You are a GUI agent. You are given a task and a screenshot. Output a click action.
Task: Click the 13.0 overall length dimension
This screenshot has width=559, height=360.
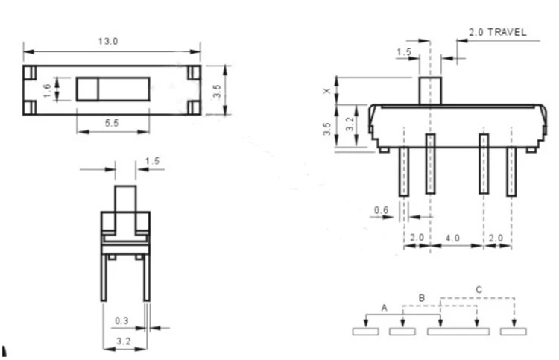point(108,41)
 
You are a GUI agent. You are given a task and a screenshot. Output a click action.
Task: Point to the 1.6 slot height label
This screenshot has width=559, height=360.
point(47,90)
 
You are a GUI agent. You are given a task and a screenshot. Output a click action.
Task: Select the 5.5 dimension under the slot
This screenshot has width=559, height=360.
point(112,123)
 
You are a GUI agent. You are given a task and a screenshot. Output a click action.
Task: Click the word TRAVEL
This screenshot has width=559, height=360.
point(507,33)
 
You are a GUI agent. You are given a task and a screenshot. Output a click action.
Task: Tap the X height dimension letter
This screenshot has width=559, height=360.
point(327,91)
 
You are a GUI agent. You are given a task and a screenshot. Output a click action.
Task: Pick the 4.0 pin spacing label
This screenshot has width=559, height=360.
point(452,238)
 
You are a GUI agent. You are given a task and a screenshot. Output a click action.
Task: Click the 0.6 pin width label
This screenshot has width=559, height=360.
point(381,210)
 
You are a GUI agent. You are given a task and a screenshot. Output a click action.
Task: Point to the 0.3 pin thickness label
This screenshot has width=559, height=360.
point(121,320)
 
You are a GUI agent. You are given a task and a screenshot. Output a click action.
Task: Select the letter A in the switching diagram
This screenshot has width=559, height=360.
point(384,308)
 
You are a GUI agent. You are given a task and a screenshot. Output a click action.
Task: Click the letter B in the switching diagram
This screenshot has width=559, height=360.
point(421,297)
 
